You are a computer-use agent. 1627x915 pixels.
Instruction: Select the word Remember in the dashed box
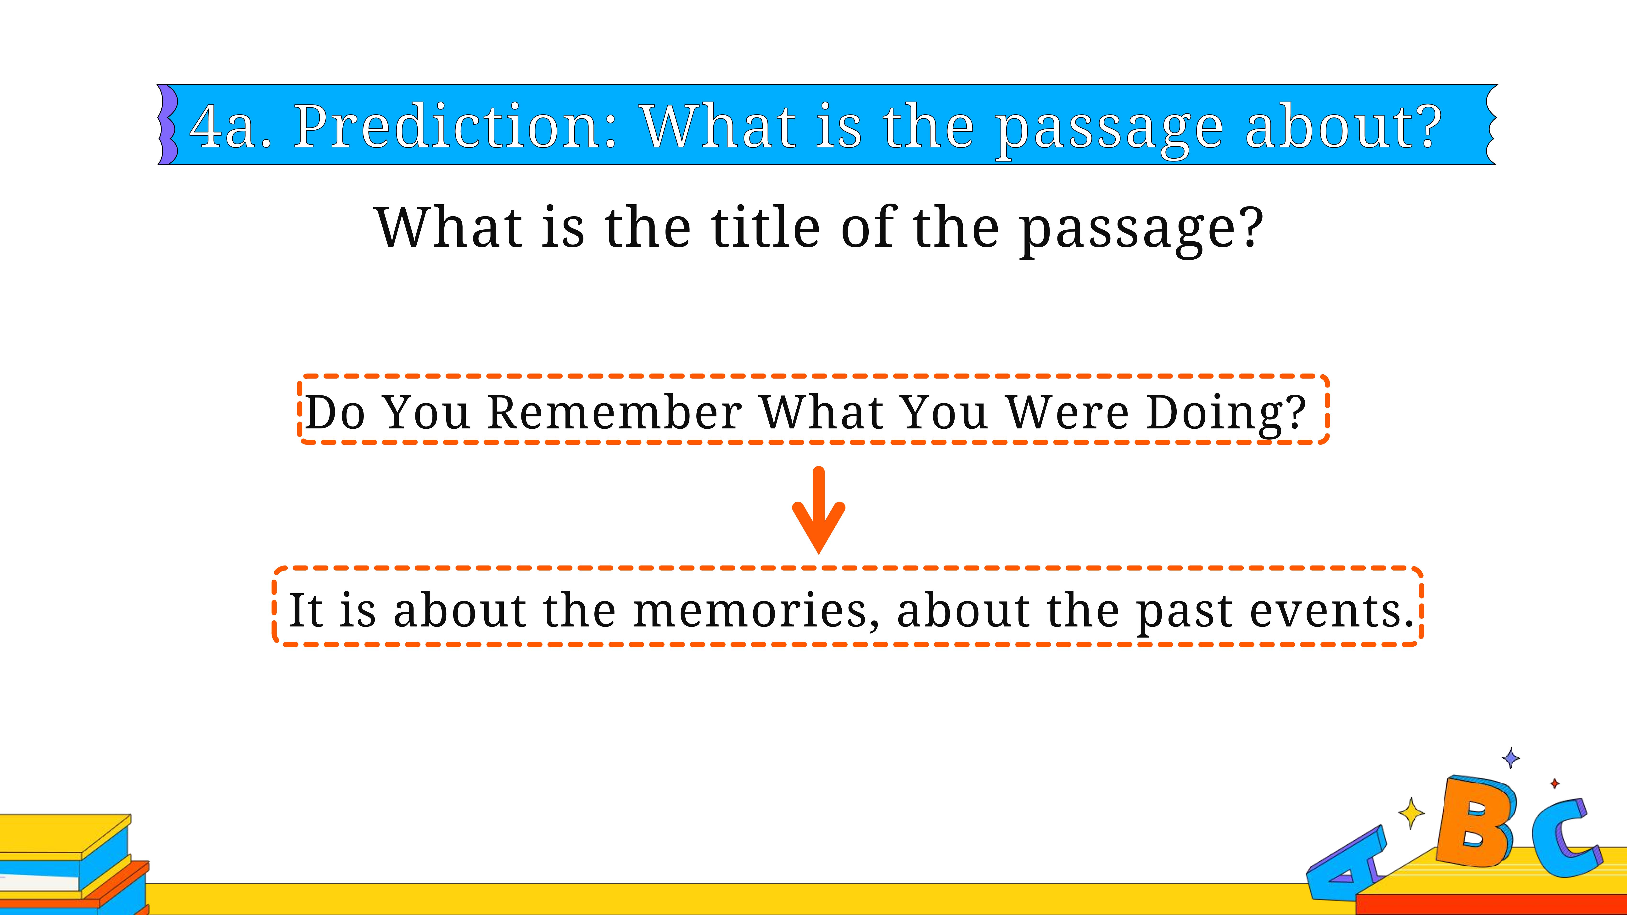point(615,412)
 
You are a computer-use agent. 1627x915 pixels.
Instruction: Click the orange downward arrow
point(819,510)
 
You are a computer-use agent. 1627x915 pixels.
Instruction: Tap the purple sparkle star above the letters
point(1511,758)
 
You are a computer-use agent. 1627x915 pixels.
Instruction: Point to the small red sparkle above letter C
point(1554,784)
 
